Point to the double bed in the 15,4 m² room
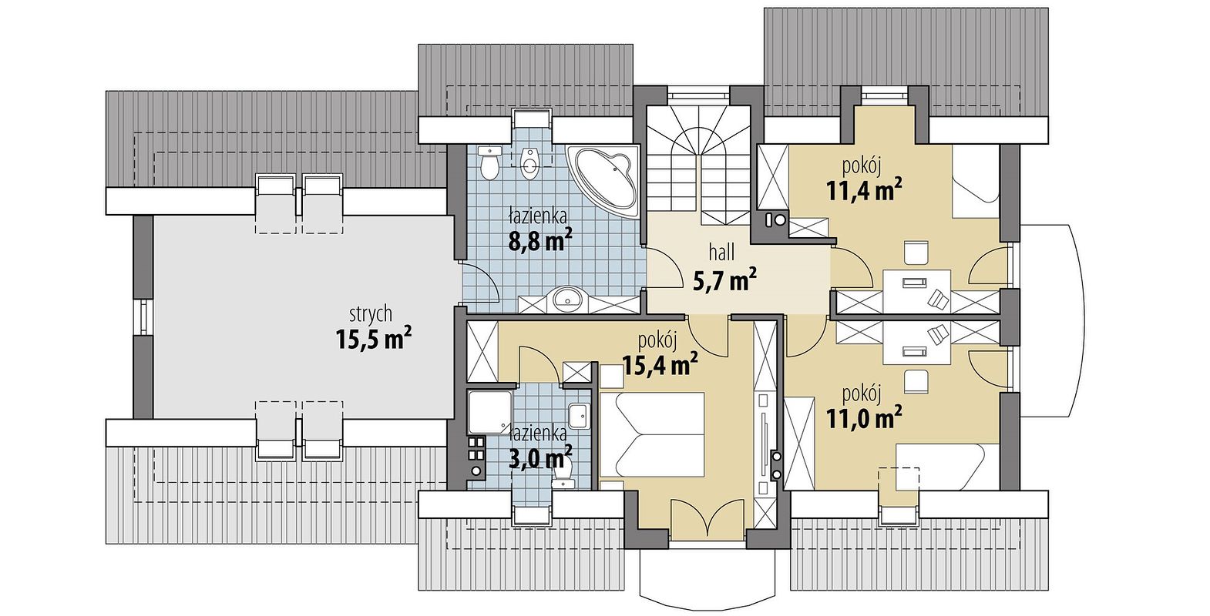pos(652,434)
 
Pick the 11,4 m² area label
pos(864,191)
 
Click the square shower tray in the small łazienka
pos(489,413)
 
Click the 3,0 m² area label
pos(541,458)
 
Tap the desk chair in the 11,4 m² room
pos(915,252)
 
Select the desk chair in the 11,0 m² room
pos(915,380)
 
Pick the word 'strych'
pos(371,313)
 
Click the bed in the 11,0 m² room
pos(946,467)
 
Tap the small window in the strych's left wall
pos(143,317)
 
